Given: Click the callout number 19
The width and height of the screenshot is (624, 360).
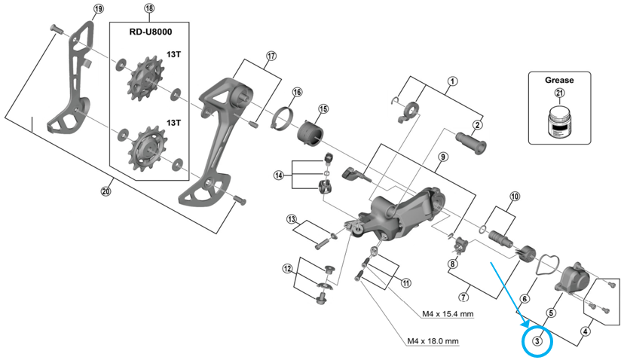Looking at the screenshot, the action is pos(98,8).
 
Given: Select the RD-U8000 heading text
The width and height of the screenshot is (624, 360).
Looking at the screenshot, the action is pos(151,32).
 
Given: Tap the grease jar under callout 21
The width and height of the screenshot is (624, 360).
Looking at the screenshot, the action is pos(560,122).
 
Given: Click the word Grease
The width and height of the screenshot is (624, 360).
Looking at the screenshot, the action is pos(559,80).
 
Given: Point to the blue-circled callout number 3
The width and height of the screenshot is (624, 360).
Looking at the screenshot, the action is pos(537,341).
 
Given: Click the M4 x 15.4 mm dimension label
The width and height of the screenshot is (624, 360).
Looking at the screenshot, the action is pos(448,314).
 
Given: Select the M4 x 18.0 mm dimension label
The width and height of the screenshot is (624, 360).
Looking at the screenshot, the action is pos(433,341).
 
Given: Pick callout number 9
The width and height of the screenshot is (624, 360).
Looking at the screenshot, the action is pos(443,157).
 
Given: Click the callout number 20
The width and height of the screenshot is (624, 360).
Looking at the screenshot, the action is pos(106,191).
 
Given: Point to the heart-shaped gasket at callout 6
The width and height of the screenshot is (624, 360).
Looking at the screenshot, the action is pos(548,264).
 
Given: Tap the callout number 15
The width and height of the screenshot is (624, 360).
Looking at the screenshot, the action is pos(323,108).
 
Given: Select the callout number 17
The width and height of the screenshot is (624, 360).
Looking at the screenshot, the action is pos(271,56).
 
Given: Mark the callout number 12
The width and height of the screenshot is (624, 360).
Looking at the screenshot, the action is pos(287,269).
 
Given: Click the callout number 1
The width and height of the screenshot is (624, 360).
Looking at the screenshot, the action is pos(452,81).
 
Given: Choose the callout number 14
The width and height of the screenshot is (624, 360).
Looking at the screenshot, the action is pos(279,175).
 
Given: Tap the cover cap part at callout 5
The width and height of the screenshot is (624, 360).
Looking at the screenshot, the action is pos(572,278).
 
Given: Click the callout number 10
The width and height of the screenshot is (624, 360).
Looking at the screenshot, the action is pos(515,197).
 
